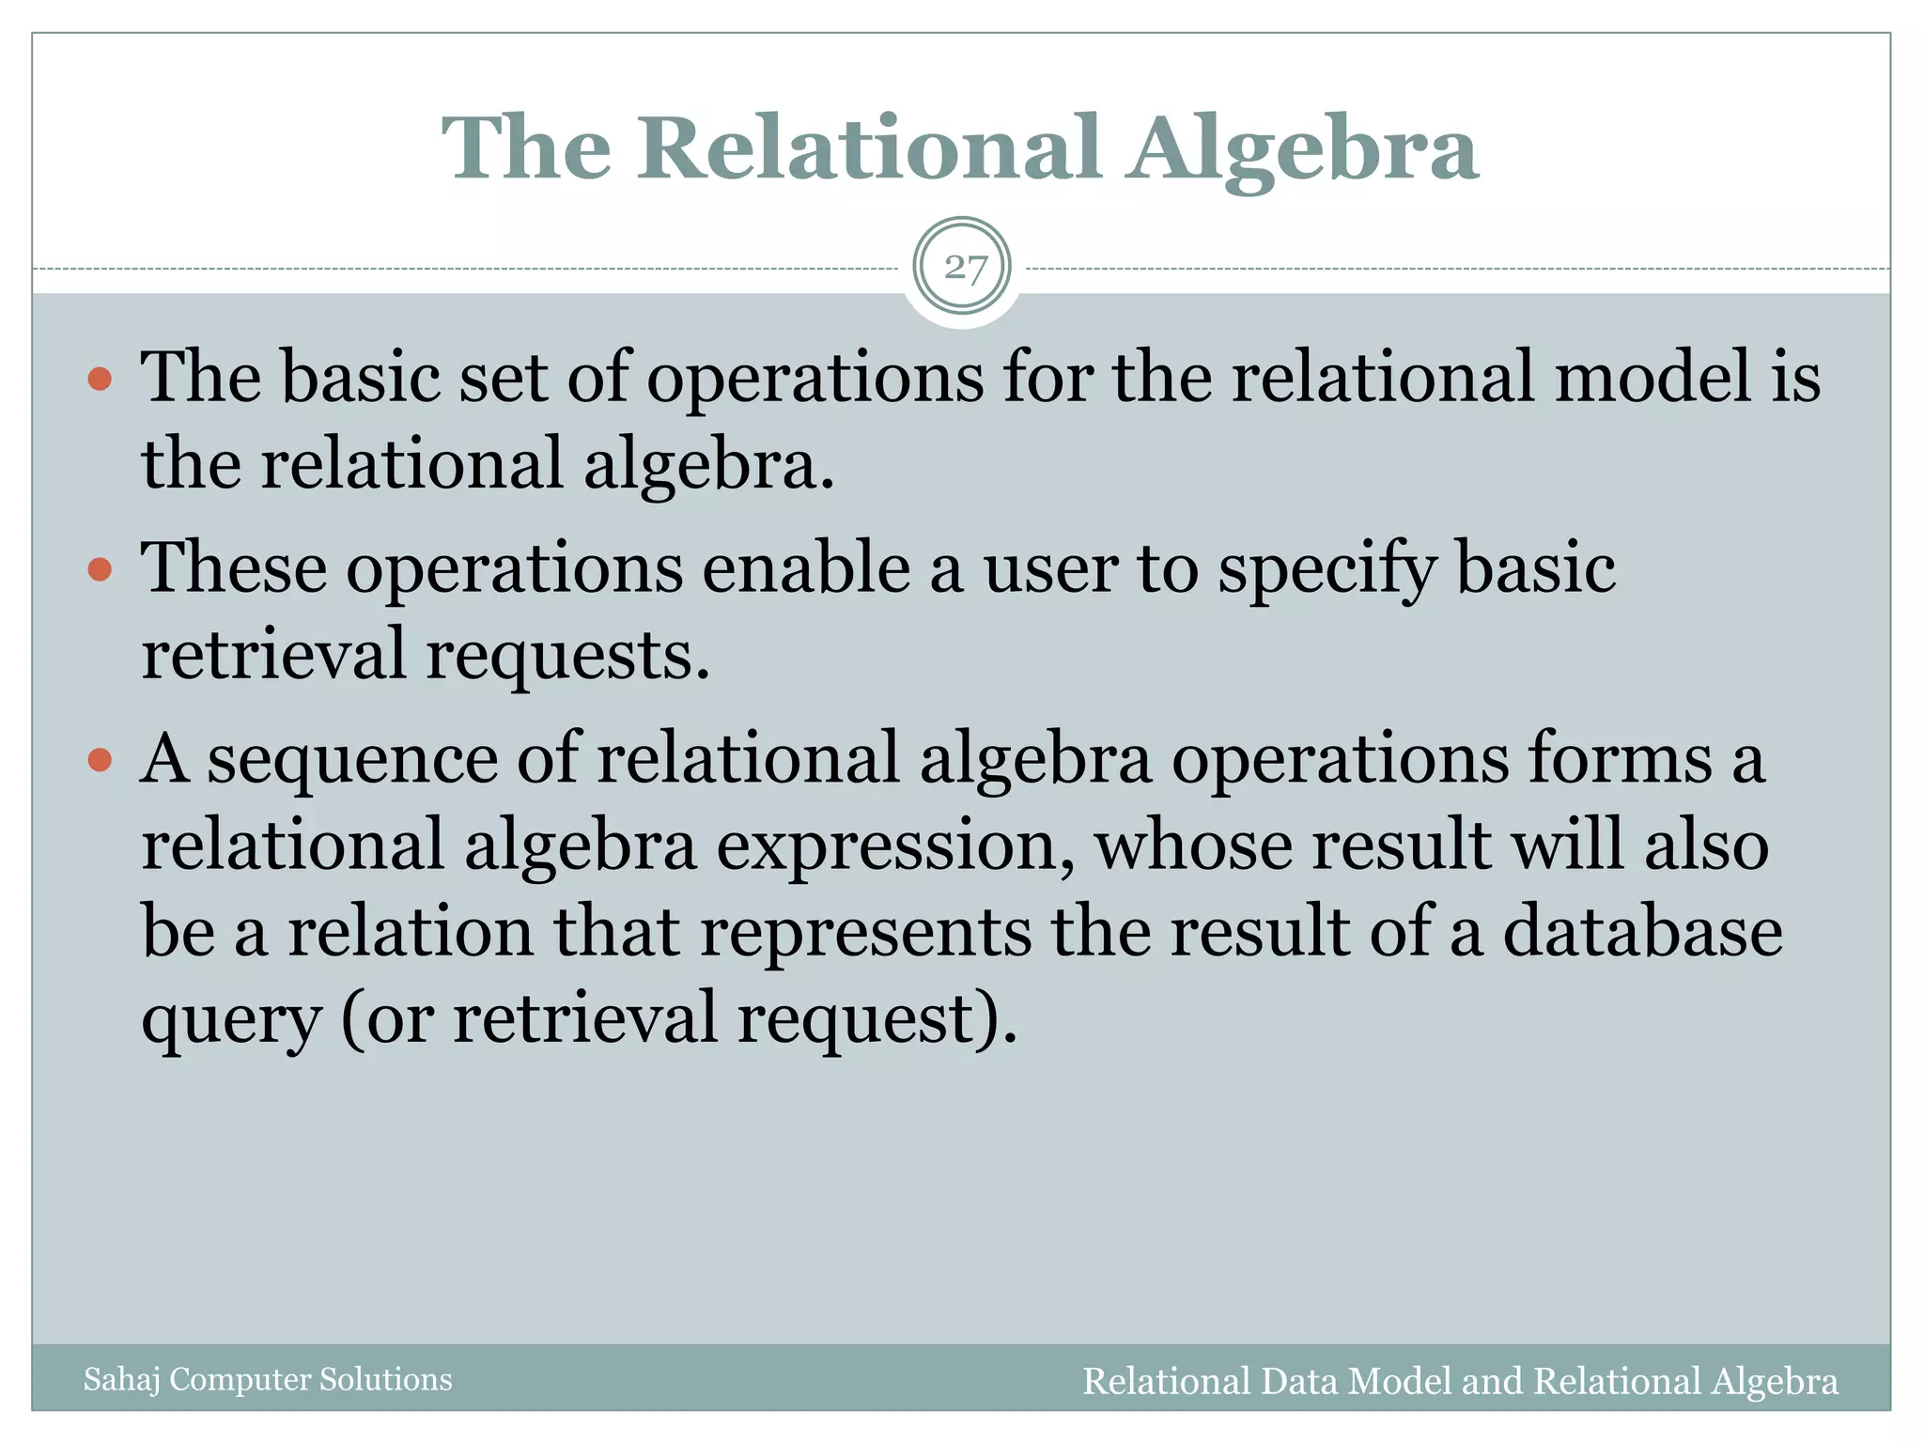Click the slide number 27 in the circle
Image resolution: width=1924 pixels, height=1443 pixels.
(964, 268)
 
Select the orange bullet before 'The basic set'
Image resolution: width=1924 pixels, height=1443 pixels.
(100, 380)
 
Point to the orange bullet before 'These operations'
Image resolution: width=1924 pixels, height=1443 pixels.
(100, 570)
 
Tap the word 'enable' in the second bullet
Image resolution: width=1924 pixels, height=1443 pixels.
(806, 569)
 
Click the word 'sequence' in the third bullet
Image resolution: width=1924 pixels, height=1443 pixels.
(352, 761)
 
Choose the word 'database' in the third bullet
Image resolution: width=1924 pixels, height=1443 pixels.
(1642, 932)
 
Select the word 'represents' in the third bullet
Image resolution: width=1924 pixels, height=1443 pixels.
(865, 934)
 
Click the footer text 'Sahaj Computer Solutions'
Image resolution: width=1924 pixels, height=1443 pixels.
(268, 1379)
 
